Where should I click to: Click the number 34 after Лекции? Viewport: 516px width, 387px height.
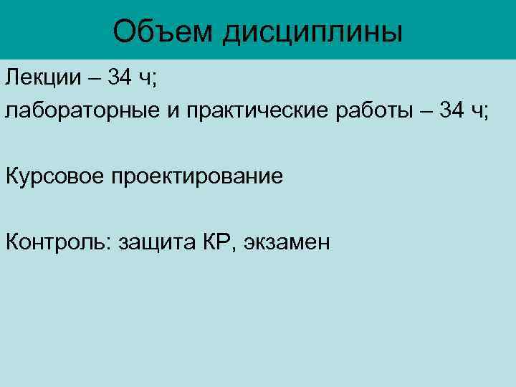coord(120,77)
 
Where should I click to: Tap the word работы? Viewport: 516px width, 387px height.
coord(374,112)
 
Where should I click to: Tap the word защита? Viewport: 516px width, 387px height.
coord(154,243)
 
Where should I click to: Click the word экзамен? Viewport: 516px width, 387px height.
coord(287,243)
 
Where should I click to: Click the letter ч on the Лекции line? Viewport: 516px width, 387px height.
coord(144,79)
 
